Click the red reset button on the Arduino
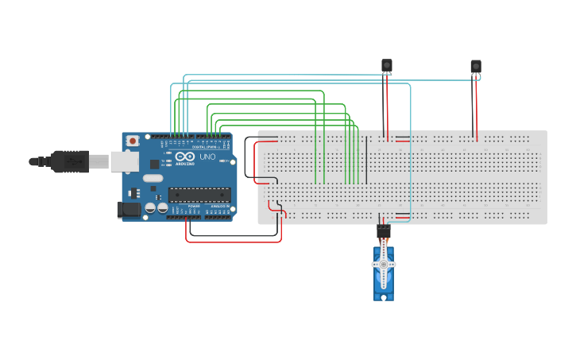[x=132, y=141]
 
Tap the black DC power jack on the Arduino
[x=128, y=210]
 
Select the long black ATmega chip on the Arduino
[x=199, y=195]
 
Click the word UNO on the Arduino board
[x=207, y=157]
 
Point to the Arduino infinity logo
[x=185, y=157]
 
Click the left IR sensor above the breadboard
[x=387, y=65]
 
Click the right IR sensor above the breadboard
[x=475, y=66]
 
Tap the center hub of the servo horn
[x=384, y=264]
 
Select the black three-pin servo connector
[x=384, y=231]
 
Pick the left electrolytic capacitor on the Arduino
[x=150, y=207]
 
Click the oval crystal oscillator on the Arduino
[x=153, y=179]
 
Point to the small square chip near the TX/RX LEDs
[x=153, y=163]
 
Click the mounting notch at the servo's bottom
[x=384, y=297]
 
